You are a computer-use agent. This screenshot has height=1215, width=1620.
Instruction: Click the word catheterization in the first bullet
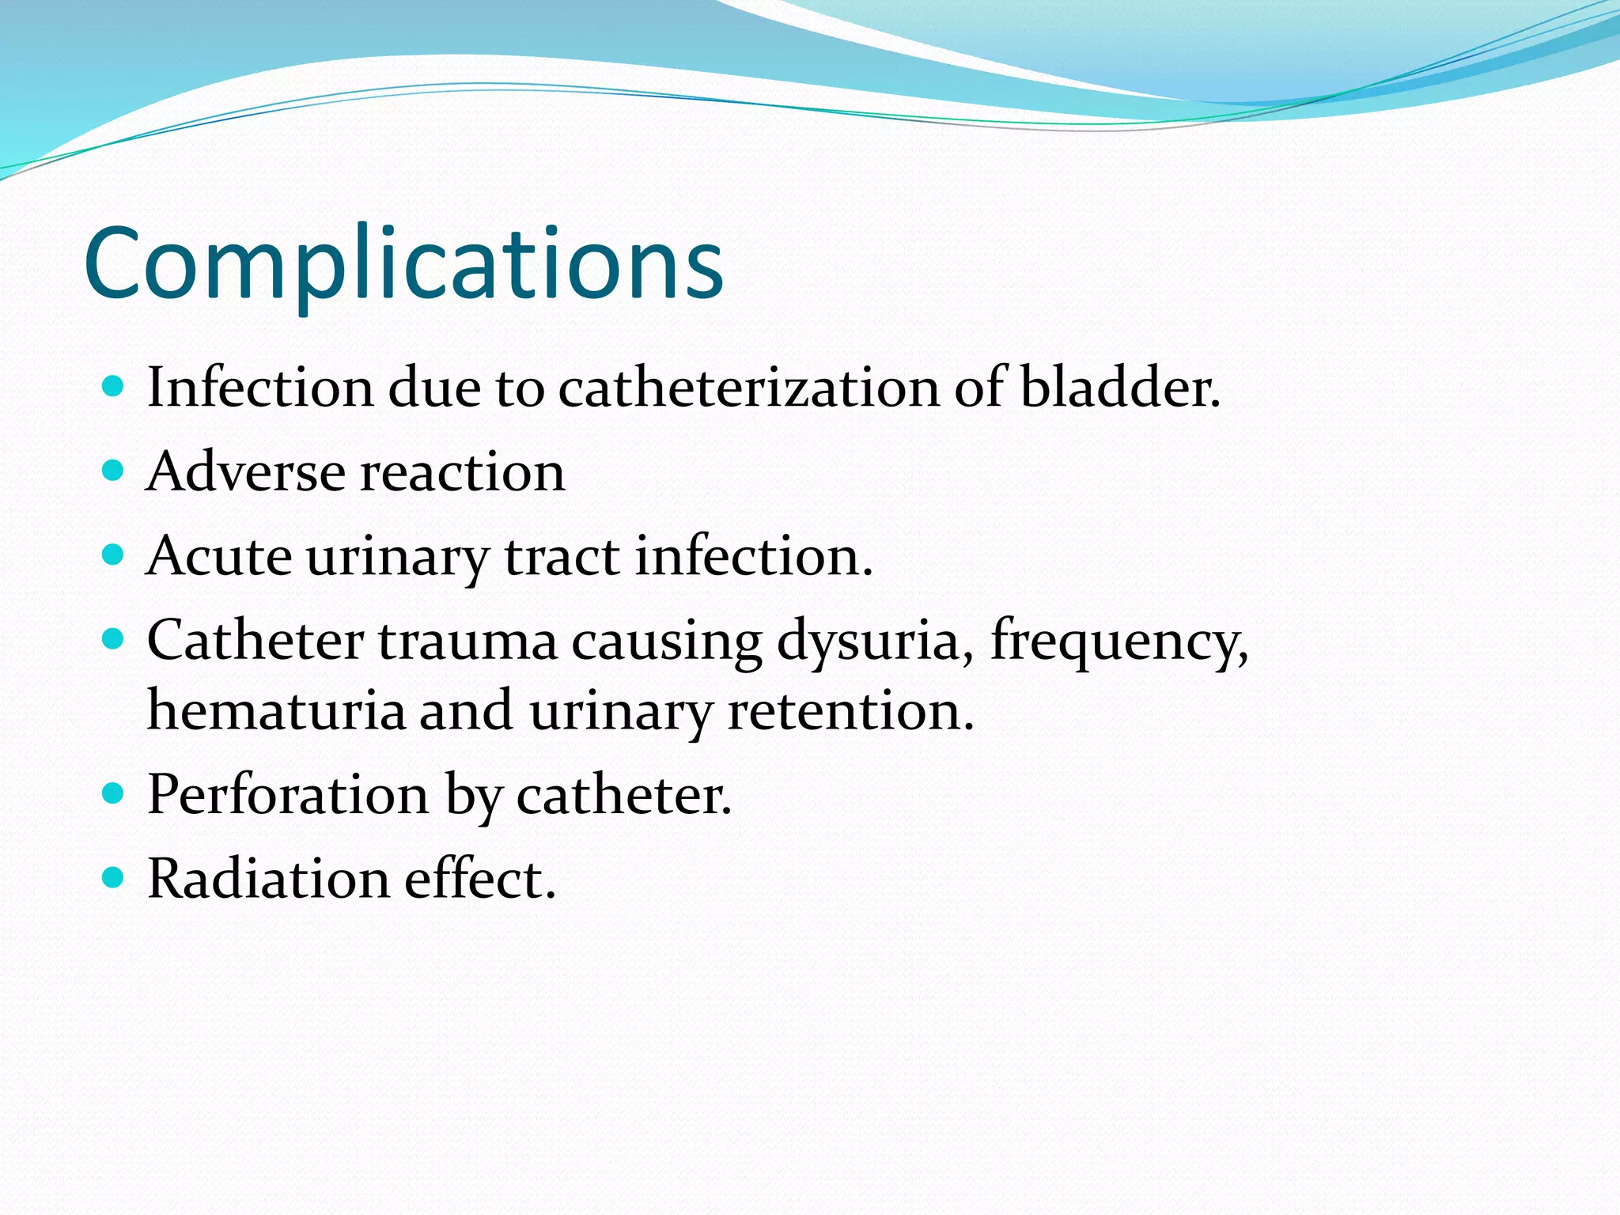pos(749,388)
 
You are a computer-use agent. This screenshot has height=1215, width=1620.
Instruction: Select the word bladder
pos(1119,388)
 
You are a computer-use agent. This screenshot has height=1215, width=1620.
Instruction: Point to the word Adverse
pos(246,472)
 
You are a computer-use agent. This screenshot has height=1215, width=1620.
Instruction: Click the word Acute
pos(219,556)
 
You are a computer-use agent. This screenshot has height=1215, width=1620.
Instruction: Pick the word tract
pos(562,556)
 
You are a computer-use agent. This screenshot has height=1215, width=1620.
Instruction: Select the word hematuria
pos(276,710)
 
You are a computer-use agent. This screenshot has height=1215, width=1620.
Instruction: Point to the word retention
pos(850,710)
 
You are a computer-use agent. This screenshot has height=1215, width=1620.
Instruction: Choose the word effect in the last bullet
pos(480,879)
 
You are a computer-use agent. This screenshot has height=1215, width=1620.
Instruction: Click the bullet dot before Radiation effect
pos(114,877)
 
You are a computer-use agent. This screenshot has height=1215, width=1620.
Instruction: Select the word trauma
pos(467,641)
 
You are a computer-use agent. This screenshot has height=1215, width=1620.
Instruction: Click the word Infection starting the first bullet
pos(260,388)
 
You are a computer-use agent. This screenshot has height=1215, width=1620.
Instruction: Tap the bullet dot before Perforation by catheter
pos(114,793)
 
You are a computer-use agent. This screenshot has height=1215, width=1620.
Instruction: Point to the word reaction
pos(463,472)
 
